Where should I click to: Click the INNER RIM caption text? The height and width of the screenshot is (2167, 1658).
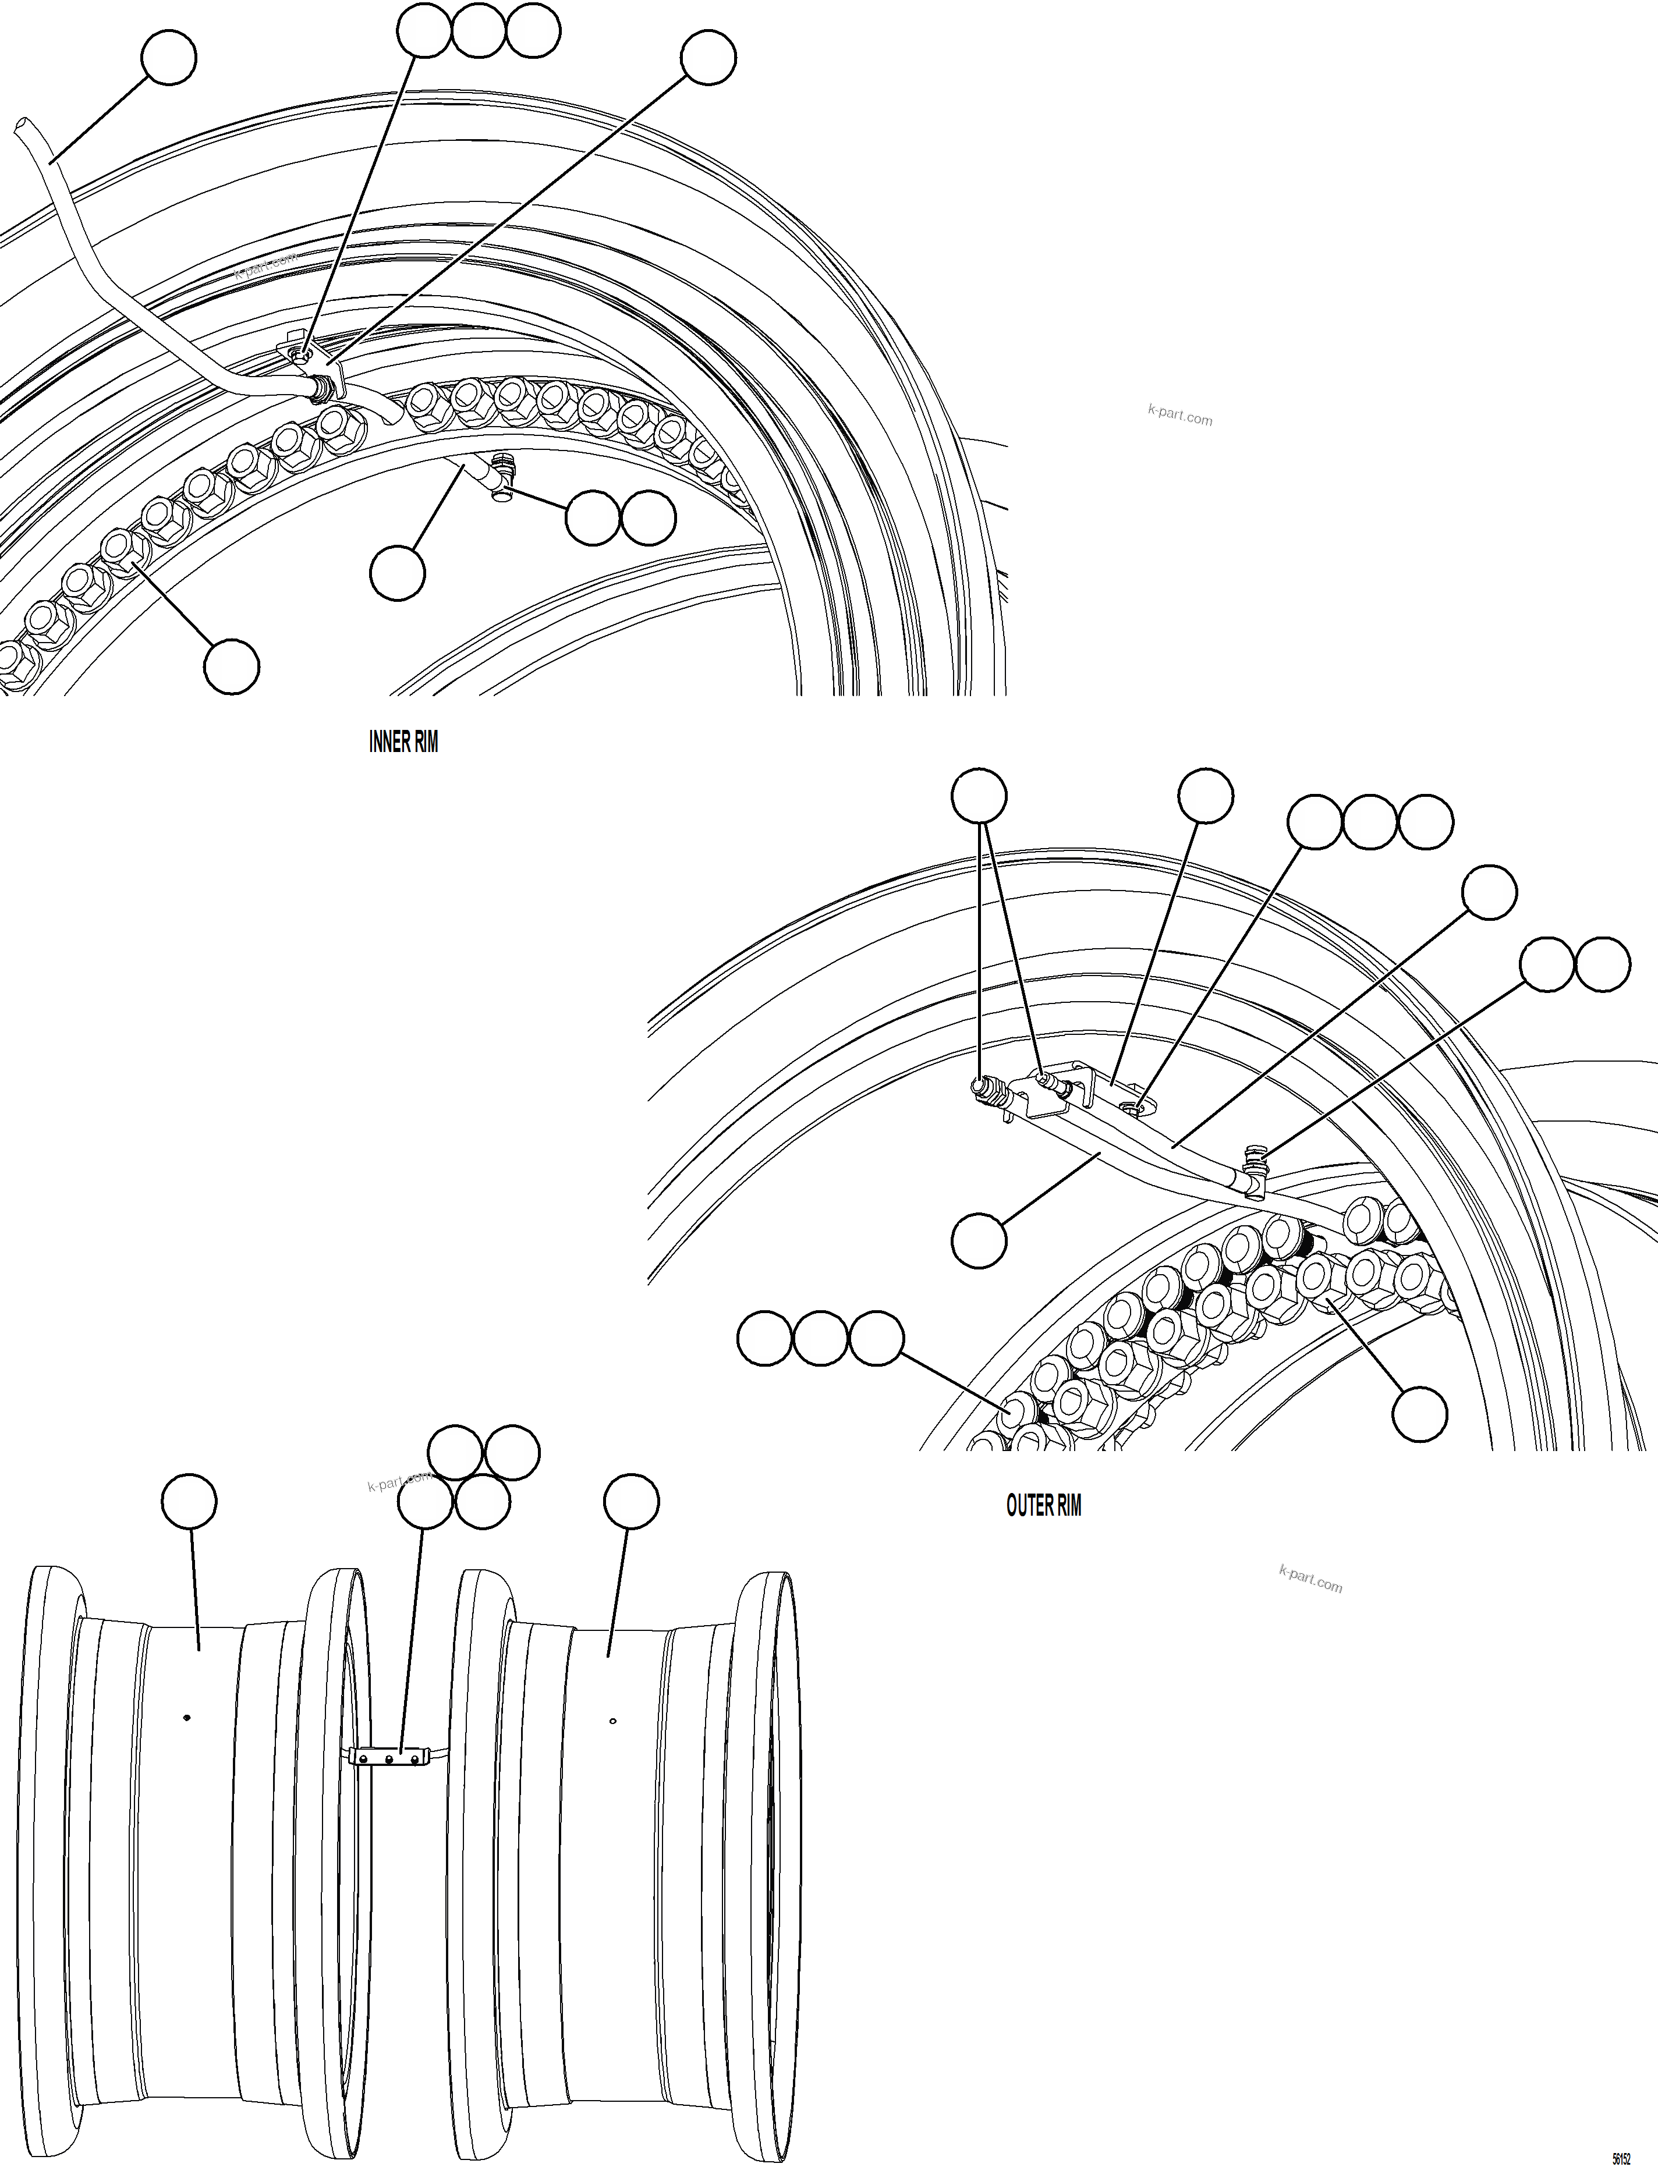click(x=403, y=742)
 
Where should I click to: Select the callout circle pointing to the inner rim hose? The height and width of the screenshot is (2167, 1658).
click(x=169, y=58)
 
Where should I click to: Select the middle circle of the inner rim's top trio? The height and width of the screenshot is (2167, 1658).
click(x=479, y=31)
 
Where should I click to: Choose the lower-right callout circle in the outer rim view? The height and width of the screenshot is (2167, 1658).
click(x=1419, y=1413)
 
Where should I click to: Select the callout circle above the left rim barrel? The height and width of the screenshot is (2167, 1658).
click(x=189, y=1502)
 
